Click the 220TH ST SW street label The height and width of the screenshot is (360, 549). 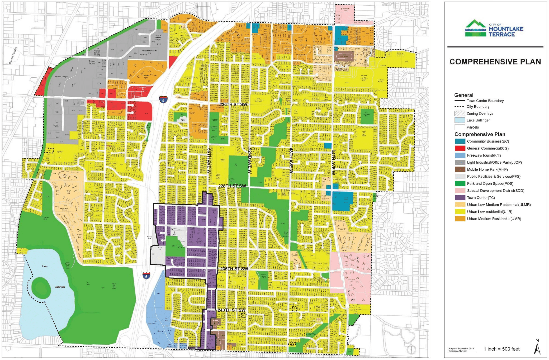point(233,105)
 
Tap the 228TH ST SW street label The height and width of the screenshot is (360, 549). point(232,186)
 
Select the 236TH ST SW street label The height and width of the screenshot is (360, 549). point(234,269)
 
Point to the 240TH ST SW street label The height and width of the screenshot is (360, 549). point(231,310)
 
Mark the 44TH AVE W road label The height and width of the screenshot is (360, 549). point(333,162)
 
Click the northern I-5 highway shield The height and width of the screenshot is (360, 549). point(163,100)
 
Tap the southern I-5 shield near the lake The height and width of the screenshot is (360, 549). point(146,276)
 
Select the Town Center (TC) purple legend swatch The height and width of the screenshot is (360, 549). point(460,197)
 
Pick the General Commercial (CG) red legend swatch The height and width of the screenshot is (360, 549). point(460,148)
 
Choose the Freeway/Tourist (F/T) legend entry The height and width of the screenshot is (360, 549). point(484,155)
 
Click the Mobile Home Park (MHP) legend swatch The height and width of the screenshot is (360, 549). point(460,169)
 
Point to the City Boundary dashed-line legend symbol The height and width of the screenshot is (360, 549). point(459,107)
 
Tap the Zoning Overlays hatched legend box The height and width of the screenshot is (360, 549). point(459,113)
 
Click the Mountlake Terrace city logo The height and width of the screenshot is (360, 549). point(494,29)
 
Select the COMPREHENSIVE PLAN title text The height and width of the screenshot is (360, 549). point(495,62)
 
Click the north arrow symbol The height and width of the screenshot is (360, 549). point(537,347)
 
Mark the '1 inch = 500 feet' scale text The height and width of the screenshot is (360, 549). point(501,349)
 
